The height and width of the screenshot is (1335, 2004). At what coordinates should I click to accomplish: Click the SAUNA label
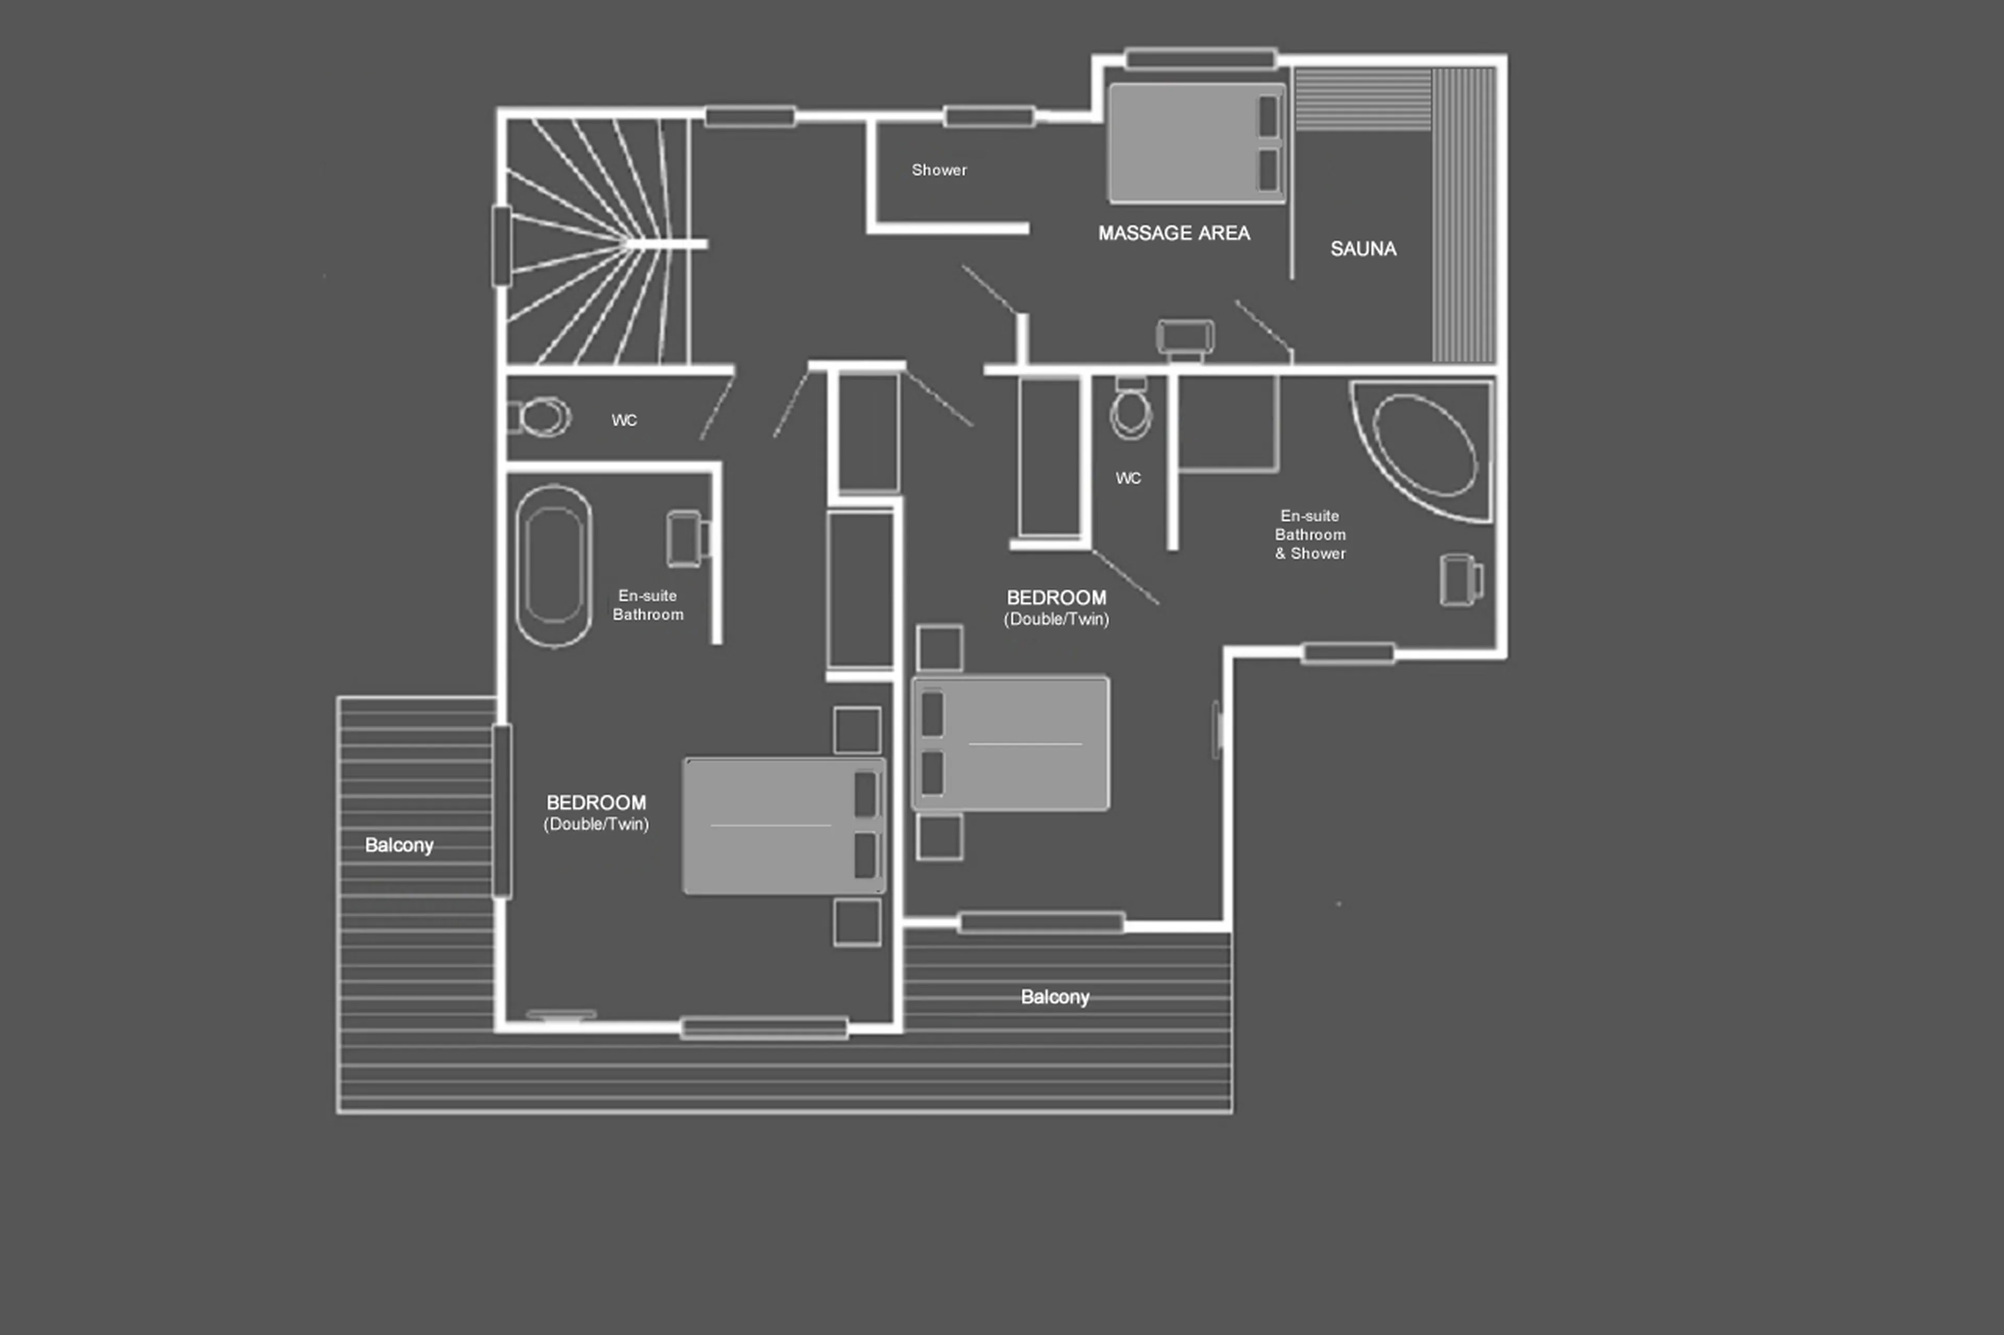pos(1363,249)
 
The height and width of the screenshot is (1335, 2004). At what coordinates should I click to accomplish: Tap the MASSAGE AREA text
pos(1174,233)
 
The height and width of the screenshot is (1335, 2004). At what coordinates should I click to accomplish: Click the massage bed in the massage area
pos(1196,143)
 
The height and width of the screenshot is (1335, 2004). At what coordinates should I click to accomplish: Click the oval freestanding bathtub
pos(554,566)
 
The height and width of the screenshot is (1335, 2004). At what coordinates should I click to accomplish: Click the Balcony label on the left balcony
pos(399,846)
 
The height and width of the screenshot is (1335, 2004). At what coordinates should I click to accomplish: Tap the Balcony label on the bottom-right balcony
pos(1054,997)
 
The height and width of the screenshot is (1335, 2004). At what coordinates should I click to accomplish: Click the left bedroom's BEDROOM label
pos(595,803)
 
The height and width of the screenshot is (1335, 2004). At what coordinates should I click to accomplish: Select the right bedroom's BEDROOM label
pos(1056,598)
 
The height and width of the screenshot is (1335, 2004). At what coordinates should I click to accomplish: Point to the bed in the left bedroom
pos(783,826)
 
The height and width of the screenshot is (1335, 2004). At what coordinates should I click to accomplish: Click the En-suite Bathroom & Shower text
pos(1310,535)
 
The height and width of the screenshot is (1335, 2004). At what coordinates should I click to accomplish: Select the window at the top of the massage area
pos(1200,59)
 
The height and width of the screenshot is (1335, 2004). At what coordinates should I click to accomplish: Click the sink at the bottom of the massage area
pos(1185,338)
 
